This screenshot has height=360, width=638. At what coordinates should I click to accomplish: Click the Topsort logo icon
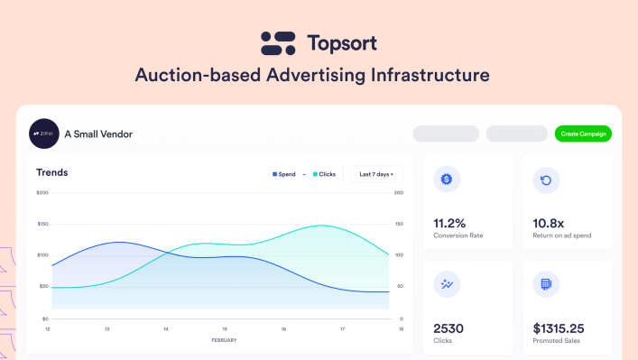278,42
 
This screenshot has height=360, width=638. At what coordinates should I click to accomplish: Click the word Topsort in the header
341,42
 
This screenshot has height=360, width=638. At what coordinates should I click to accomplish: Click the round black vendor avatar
43,134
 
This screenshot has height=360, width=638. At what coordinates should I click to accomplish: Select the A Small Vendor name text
98,134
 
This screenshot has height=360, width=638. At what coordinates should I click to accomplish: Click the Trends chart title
52,172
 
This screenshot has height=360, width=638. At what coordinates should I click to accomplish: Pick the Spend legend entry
284,174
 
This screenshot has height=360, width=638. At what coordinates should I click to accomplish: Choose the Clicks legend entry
324,174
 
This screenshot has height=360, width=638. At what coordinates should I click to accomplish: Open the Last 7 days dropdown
375,174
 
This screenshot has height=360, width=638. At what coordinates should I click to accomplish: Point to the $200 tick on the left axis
42,192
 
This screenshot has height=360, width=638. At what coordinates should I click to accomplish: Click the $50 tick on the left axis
43,287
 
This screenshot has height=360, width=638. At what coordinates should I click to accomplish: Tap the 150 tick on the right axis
400,224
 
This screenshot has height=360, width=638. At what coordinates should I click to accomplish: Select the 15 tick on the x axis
225,329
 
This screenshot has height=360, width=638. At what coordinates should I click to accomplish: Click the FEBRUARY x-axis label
225,341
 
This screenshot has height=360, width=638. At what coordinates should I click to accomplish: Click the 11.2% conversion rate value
449,223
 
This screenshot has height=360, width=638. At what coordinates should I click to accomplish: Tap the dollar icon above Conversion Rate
446,180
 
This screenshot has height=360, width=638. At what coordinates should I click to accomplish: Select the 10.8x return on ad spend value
550,223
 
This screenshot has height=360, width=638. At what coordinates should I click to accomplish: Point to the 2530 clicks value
449,328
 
